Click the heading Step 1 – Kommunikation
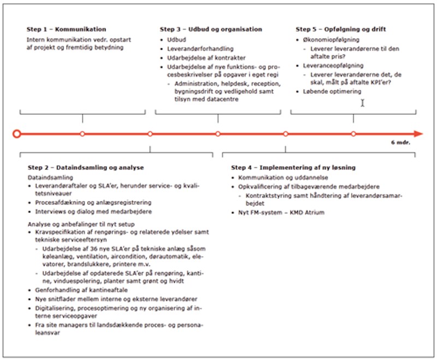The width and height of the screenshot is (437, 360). (x=66, y=29)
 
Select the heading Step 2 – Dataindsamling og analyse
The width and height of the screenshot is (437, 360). (x=86, y=167)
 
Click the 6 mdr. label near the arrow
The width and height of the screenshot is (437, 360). (x=400, y=143)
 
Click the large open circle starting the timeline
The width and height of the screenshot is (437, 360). (x=17, y=134)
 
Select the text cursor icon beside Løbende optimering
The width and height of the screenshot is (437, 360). (x=362, y=102)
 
